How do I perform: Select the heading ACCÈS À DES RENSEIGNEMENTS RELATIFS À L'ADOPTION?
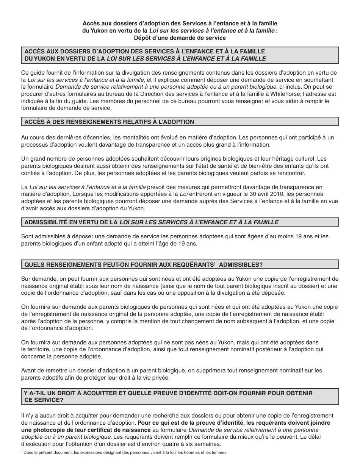point(109,122)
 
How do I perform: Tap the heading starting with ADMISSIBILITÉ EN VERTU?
point(151,222)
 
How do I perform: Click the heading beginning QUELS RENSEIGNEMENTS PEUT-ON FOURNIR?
point(143,264)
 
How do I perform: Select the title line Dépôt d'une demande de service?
point(180,38)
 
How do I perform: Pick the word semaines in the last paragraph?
point(210,444)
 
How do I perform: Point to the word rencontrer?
point(297,173)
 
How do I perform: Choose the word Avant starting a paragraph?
point(29,371)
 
